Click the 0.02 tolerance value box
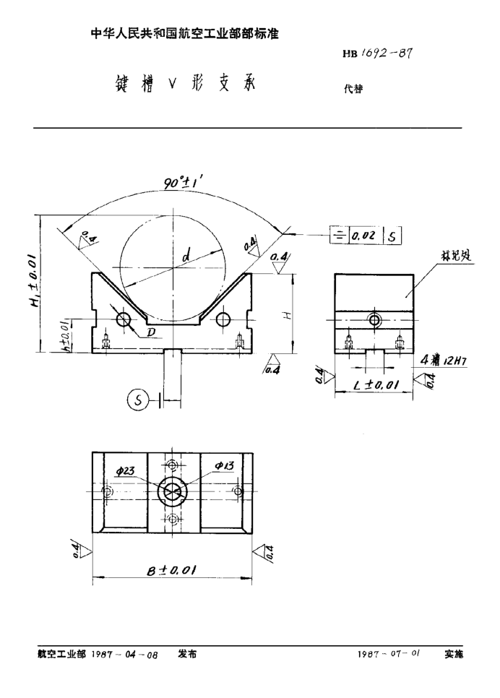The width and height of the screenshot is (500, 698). point(363,235)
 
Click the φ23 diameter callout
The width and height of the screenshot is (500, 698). point(125,470)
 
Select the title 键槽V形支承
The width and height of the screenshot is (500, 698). point(181,85)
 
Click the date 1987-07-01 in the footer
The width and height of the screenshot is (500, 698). point(389,653)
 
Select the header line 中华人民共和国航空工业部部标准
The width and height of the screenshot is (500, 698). point(184,33)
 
